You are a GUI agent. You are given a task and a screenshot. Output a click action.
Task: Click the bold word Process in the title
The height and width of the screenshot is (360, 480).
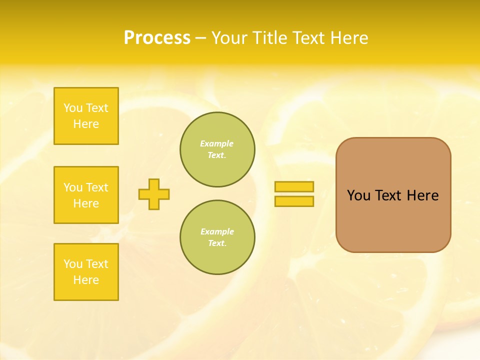(x=157, y=38)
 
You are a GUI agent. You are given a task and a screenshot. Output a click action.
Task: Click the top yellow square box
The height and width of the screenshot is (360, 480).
(x=86, y=116)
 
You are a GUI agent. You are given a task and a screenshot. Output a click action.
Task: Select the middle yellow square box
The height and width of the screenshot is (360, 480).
(x=86, y=195)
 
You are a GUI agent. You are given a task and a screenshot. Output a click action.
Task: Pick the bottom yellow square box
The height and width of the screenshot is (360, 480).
(x=86, y=272)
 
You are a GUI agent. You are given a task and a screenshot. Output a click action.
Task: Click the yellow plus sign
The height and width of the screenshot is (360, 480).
(x=154, y=194)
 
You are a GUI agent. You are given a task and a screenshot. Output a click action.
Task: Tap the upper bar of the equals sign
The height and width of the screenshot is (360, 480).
(x=294, y=186)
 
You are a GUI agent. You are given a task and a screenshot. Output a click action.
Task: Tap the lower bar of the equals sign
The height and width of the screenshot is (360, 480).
(x=294, y=201)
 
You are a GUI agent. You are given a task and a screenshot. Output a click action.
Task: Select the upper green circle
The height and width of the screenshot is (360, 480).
(x=217, y=149)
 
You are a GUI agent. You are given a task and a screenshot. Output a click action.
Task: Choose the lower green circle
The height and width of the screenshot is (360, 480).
(x=217, y=237)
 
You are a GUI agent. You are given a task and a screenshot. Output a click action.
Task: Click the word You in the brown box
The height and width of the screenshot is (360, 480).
(x=358, y=195)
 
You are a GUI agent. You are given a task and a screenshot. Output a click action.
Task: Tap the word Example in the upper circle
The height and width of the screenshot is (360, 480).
(x=217, y=143)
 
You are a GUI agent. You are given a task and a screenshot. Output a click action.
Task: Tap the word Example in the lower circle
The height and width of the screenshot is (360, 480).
(x=217, y=231)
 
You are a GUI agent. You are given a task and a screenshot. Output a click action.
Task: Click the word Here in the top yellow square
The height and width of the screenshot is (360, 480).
(x=86, y=124)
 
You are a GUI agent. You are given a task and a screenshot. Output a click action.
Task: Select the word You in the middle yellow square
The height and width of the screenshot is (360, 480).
(x=73, y=187)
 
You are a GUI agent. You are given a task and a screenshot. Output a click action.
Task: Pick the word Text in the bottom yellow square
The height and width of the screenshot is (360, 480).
(x=97, y=264)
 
